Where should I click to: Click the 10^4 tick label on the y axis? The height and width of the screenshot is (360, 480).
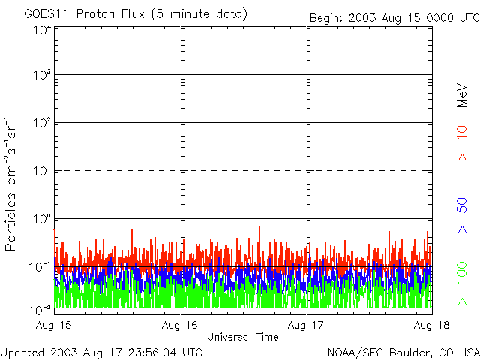click(x=42, y=30)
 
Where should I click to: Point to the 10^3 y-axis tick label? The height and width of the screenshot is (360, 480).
click(x=42, y=76)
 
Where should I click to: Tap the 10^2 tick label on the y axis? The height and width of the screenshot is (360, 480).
click(x=42, y=124)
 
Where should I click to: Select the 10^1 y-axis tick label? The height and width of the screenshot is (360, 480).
click(x=42, y=172)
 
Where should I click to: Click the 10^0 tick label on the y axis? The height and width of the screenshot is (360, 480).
click(x=42, y=220)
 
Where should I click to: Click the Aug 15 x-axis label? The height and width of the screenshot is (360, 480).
click(x=54, y=325)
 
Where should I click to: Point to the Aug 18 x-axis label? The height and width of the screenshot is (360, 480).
click(x=431, y=325)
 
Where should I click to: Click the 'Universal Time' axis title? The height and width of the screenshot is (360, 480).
click(x=242, y=337)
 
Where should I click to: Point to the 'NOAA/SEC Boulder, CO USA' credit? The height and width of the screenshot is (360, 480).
click(x=403, y=352)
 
